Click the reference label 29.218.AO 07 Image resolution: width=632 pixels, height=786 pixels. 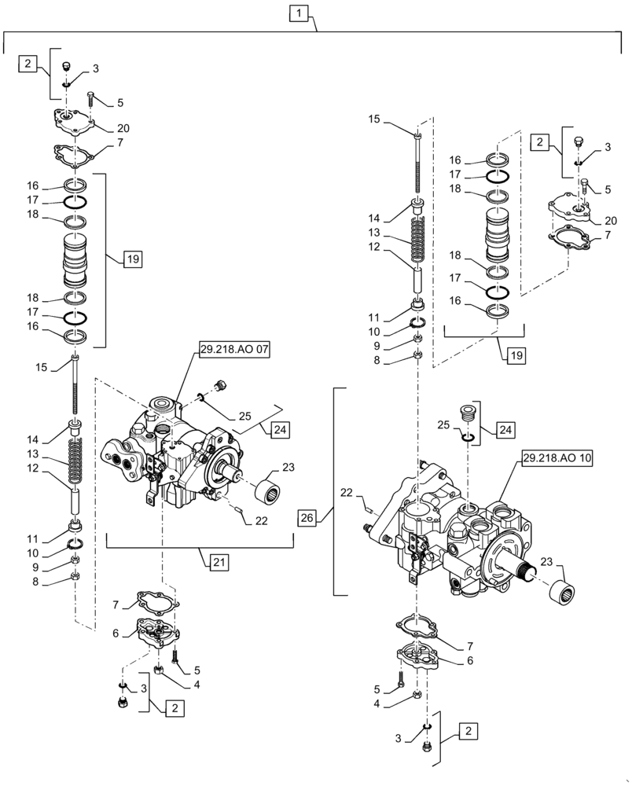[x=231, y=351]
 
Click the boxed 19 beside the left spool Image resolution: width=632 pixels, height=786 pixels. [x=133, y=259]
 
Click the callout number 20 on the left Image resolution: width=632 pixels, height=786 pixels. [x=123, y=129]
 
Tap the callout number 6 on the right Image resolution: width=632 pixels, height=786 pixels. [x=470, y=661]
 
